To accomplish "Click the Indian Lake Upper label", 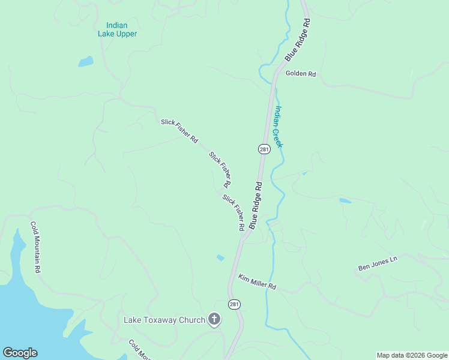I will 117,29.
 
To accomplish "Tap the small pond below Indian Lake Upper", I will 86,61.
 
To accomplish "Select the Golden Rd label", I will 301,74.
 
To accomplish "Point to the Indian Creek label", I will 279,127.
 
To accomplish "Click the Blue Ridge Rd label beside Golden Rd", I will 298,40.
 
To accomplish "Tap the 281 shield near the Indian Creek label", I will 264,149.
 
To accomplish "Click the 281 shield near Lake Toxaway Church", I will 234,304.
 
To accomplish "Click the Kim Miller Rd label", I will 256,281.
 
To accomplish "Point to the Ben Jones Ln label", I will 378,263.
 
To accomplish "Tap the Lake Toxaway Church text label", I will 164,320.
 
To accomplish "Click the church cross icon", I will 214,319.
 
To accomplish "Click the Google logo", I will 20,353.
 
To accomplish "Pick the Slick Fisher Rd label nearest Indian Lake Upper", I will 179,131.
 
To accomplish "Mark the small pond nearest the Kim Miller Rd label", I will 220,258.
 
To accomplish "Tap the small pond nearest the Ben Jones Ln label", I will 345,200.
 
